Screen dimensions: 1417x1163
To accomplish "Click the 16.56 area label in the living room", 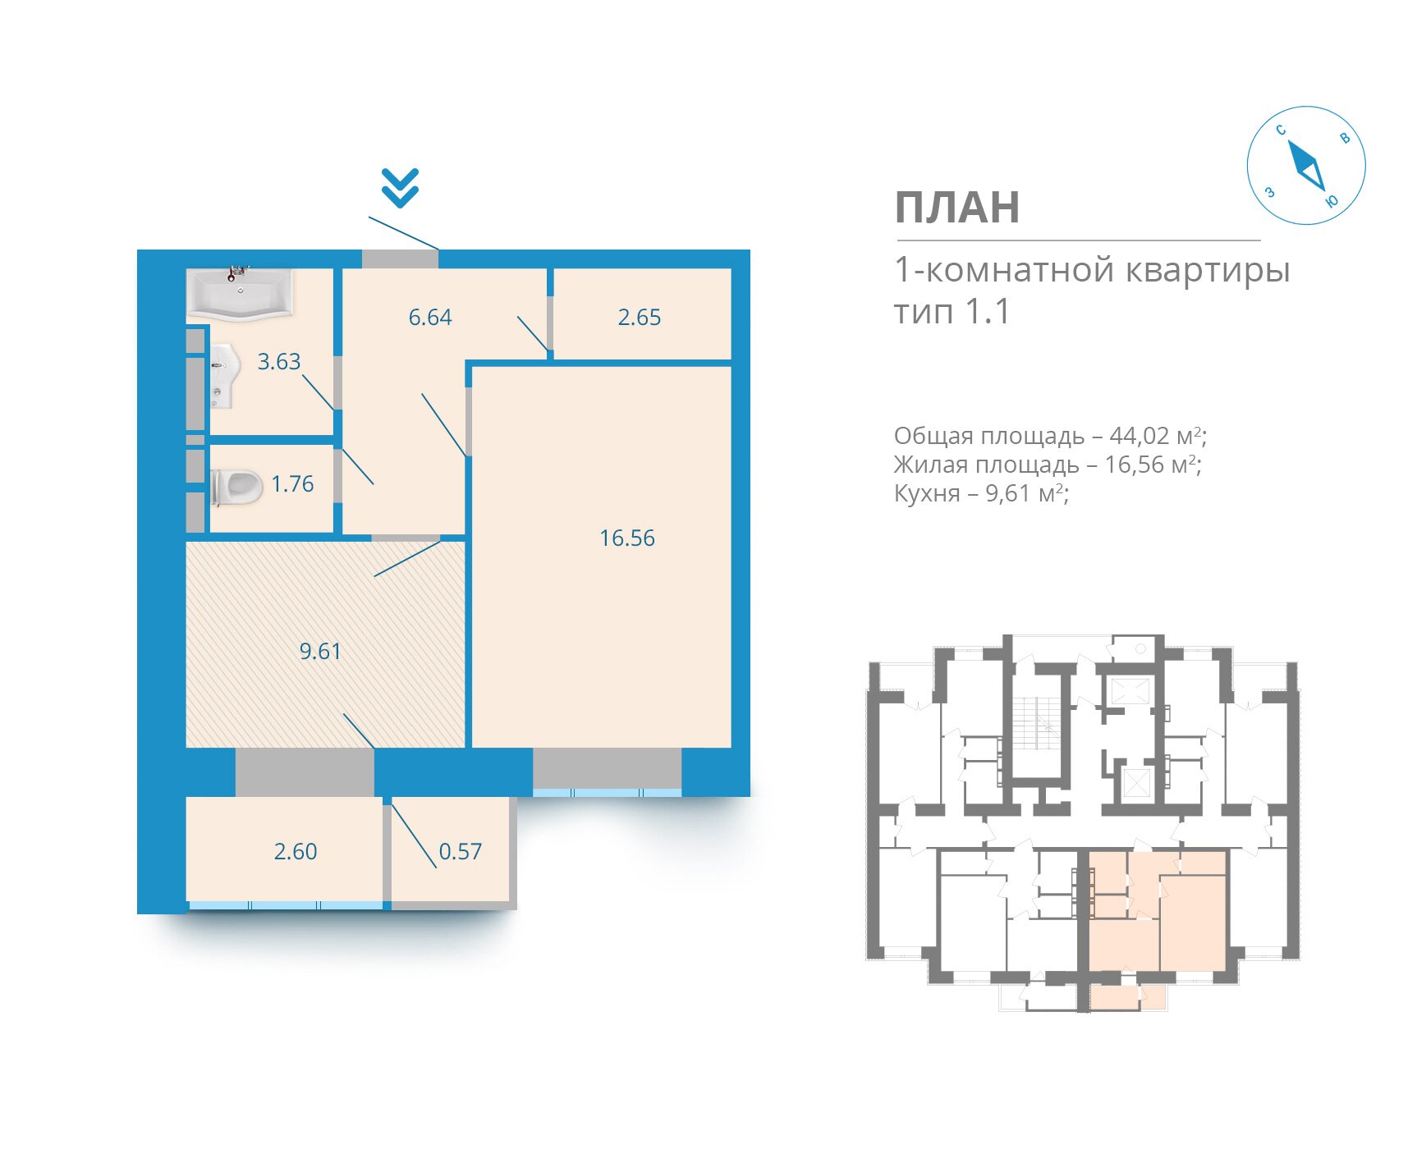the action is tap(627, 538).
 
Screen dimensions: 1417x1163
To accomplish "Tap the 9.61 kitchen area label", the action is tap(320, 652).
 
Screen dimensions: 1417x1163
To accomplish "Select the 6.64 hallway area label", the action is tap(430, 318).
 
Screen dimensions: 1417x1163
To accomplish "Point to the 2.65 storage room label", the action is tap(639, 318).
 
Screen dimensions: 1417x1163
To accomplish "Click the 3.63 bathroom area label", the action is tap(279, 362).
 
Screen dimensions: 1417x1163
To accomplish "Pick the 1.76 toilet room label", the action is tap(292, 484).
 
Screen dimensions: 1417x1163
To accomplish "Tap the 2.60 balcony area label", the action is tap(296, 852).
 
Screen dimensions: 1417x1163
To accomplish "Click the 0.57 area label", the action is tap(461, 852).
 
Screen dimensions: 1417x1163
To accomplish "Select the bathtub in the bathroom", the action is tap(239, 293).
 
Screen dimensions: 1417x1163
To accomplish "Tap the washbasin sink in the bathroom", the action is tap(224, 376).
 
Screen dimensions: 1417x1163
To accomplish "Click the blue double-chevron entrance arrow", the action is tap(400, 188).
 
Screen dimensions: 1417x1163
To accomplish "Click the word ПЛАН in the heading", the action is tap(957, 208).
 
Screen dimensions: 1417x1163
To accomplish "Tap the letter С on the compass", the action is tap(1281, 130).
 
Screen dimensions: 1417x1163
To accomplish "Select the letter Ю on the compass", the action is tap(1332, 201).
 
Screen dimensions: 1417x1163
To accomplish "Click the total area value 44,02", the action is tap(1140, 436).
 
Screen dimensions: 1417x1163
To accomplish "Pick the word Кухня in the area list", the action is tap(927, 494).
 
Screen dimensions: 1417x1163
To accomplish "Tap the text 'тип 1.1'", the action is tap(952, 313).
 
